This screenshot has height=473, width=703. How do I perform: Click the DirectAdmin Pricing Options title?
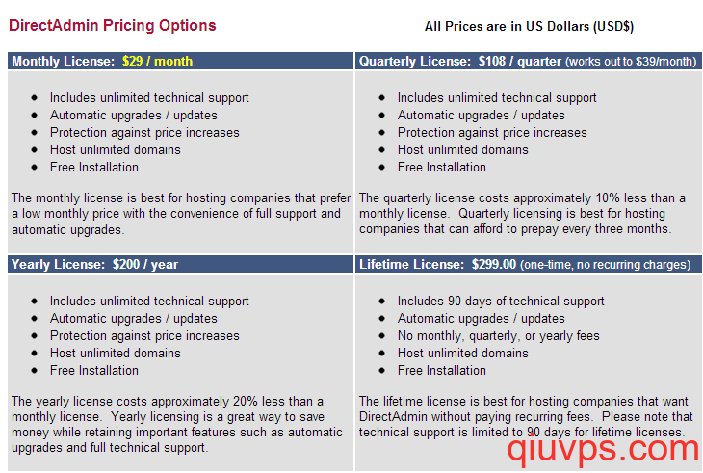[112, 26]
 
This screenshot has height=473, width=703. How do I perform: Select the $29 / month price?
[157, 61]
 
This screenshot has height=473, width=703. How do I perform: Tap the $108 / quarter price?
[520, 61]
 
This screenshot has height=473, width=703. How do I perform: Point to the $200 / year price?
[145, 265]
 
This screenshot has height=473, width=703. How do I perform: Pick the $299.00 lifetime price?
[494, 265]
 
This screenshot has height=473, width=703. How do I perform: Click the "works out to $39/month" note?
[632, 62]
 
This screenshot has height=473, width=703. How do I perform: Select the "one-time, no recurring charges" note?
[606, 265]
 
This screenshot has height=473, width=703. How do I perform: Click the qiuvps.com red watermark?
[603, 450]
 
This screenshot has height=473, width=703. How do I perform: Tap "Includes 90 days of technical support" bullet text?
[501, 301]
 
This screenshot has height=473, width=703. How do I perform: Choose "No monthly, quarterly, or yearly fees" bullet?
[499, 336]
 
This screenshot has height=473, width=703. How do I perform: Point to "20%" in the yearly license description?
[246, 401]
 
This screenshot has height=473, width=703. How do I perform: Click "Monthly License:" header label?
[64, 61]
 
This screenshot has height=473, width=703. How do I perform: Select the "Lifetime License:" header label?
[411, 265]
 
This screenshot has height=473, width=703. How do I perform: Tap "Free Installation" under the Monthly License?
[94, 168]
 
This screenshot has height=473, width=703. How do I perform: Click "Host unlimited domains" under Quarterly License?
[462, 149]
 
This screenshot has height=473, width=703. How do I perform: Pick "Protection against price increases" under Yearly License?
[144, 336]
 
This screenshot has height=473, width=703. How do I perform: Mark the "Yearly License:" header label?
[59, 265]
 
